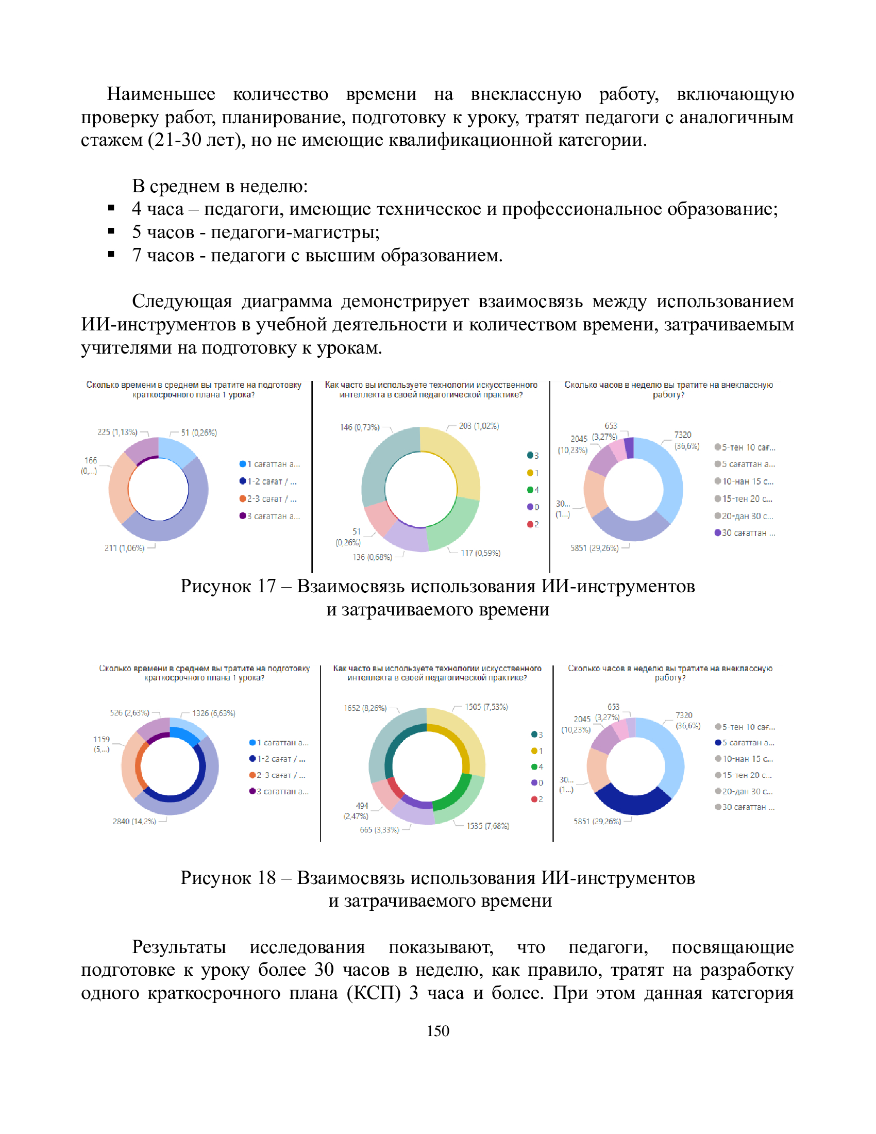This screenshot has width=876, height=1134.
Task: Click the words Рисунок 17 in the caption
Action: (x=227, y=586)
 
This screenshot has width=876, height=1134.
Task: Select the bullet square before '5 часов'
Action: (x=111, y=231)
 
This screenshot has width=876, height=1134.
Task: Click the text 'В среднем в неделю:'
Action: (x=220, y=186)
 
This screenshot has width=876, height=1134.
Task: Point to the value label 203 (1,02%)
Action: (x=479, y=426)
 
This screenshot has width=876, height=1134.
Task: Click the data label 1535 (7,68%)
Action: (x=487, y=826)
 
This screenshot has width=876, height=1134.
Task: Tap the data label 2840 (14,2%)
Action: (x=134, y=821)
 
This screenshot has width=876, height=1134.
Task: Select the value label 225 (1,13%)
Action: (x=117, y=432)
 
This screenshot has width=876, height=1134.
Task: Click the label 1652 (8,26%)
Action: (x=365, y=708)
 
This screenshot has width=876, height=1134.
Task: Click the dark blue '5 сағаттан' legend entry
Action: (x=744, y=742)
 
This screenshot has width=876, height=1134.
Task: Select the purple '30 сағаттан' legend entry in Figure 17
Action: (x=744, y=533)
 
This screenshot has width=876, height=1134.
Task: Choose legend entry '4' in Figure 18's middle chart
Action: (x=537, y=766)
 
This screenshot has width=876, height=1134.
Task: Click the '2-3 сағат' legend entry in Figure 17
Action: (x=268, y=498)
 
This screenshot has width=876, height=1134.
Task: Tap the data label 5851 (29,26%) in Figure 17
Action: (x=594, y=548)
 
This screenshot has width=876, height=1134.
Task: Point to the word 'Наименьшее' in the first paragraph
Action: (x=161, y=94)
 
